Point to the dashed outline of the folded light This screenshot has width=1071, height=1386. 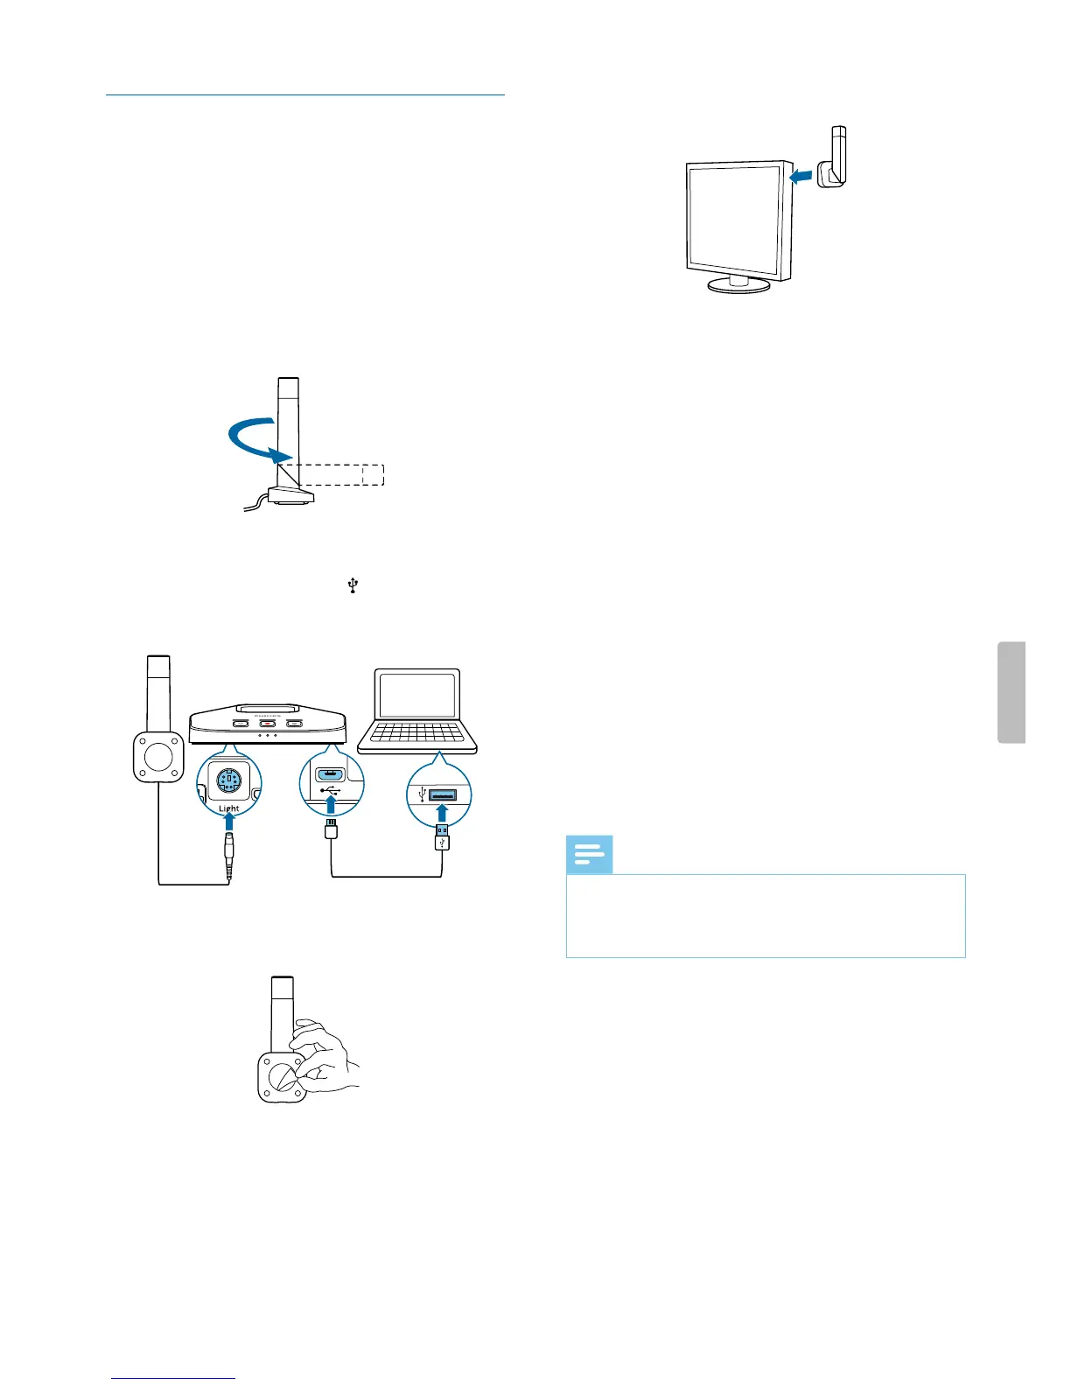click(341, 474)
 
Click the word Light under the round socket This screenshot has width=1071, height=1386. click(229, 808)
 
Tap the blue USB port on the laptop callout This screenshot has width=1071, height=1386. click(444, 794)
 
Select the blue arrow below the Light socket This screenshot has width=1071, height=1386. click(229, 823)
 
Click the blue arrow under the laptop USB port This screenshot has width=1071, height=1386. click(443, 815)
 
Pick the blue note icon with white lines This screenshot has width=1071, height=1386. click(589, 855)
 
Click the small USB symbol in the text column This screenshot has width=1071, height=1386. click(353, 585)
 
